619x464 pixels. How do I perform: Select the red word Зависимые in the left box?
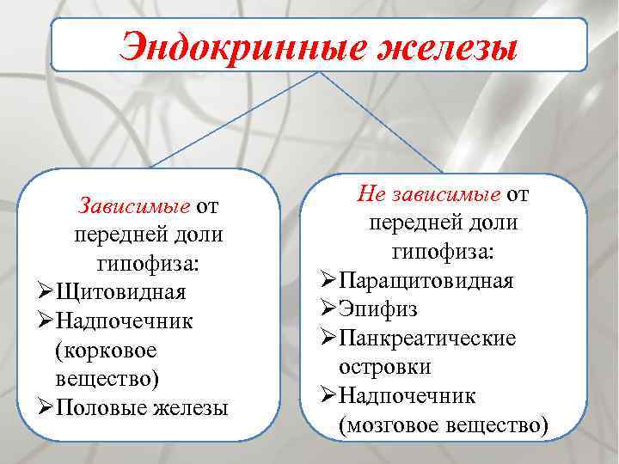pos(134,207)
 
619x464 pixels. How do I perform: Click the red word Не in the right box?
pos(371,193)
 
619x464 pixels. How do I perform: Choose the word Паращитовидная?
pos(426,281)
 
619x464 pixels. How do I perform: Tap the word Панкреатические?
pos(427,338)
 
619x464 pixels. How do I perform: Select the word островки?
pos(385,367)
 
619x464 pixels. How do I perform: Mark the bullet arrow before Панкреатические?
pos(329,338)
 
